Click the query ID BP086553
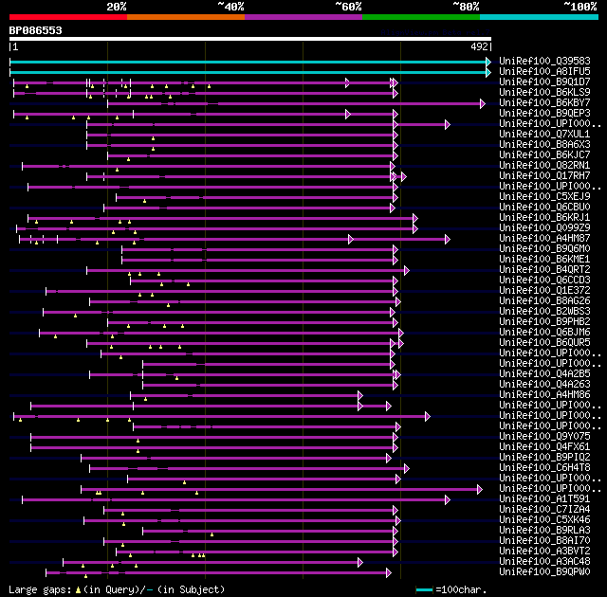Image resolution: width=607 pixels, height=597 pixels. pos(36,30)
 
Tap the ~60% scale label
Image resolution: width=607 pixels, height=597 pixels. pos(348,7)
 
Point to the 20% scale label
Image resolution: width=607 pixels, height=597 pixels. pos(117,7)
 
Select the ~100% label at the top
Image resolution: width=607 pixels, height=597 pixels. pos(579,7)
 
